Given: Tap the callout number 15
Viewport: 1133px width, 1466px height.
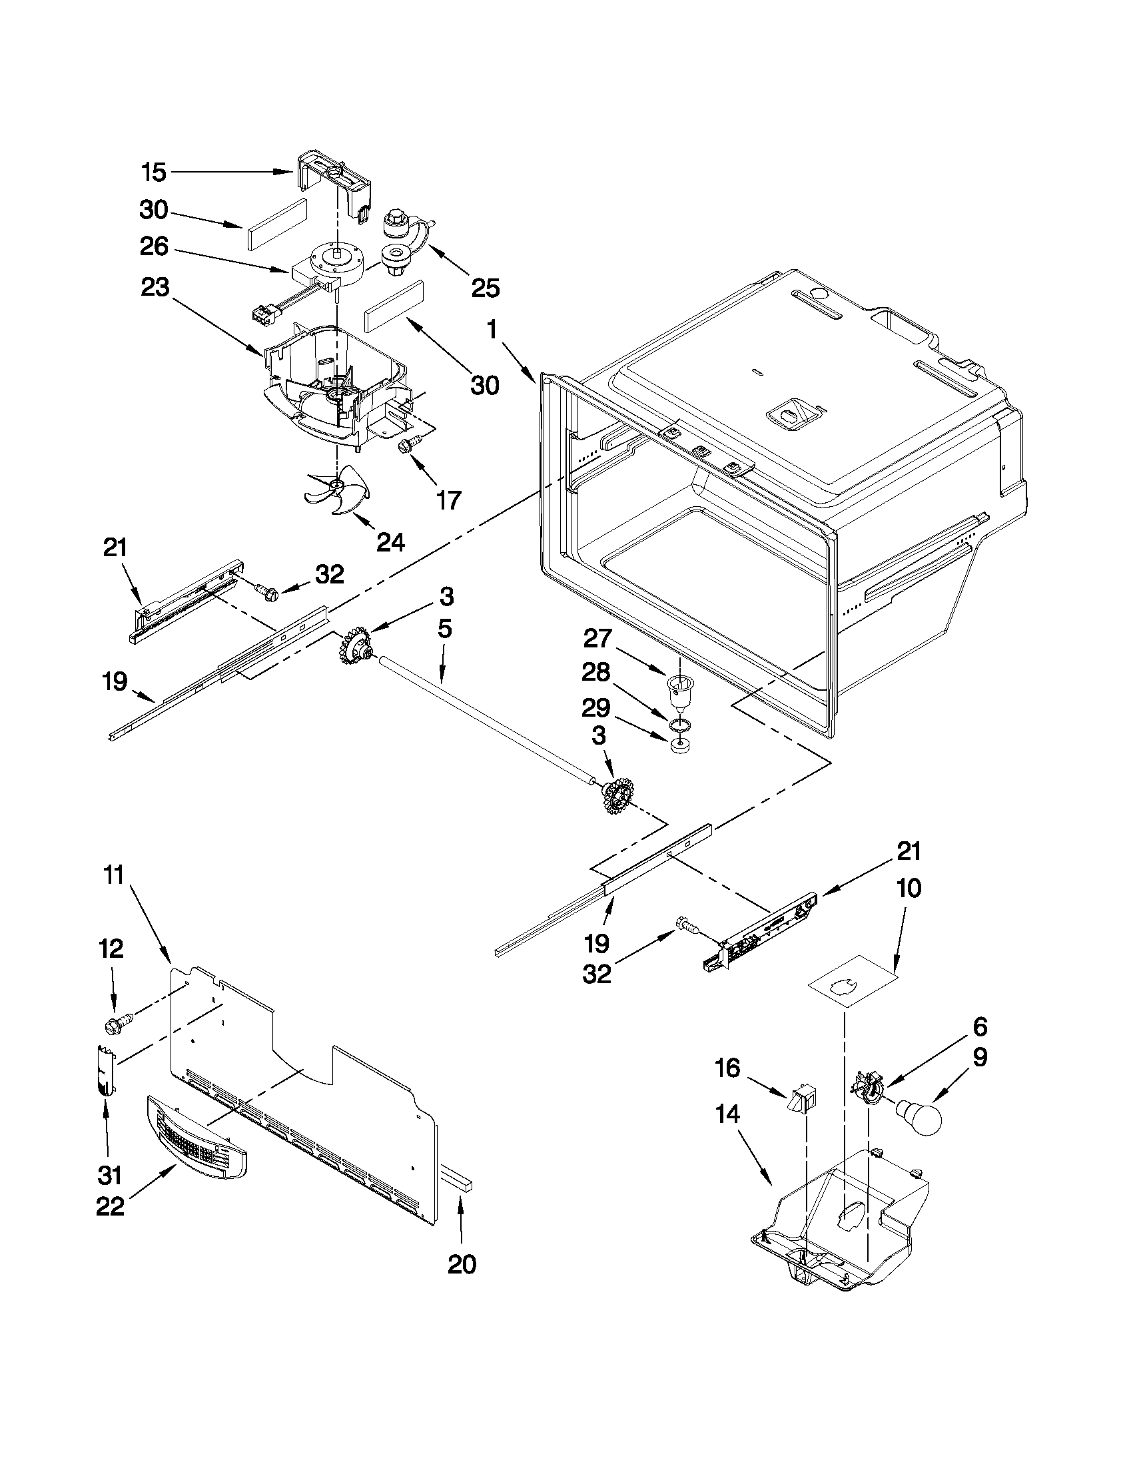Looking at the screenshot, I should pos(154,173).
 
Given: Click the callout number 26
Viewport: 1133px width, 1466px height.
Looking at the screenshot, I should pos(154,246).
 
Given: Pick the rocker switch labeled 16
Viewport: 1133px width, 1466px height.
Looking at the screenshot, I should pos(803,1100).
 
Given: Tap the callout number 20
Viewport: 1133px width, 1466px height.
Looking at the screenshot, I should pos(462,1265).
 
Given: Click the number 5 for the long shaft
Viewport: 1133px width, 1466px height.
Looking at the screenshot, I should pos(444,629).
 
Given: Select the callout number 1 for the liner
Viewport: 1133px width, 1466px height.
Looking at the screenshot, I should pos(493,330).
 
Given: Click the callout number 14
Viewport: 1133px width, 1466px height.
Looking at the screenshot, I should pos(727,1115).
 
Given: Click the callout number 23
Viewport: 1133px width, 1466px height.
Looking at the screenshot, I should pos(155,288).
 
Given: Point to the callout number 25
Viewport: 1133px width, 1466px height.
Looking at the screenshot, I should pos(486,288).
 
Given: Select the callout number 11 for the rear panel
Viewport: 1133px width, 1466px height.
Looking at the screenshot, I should pos(113,875).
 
